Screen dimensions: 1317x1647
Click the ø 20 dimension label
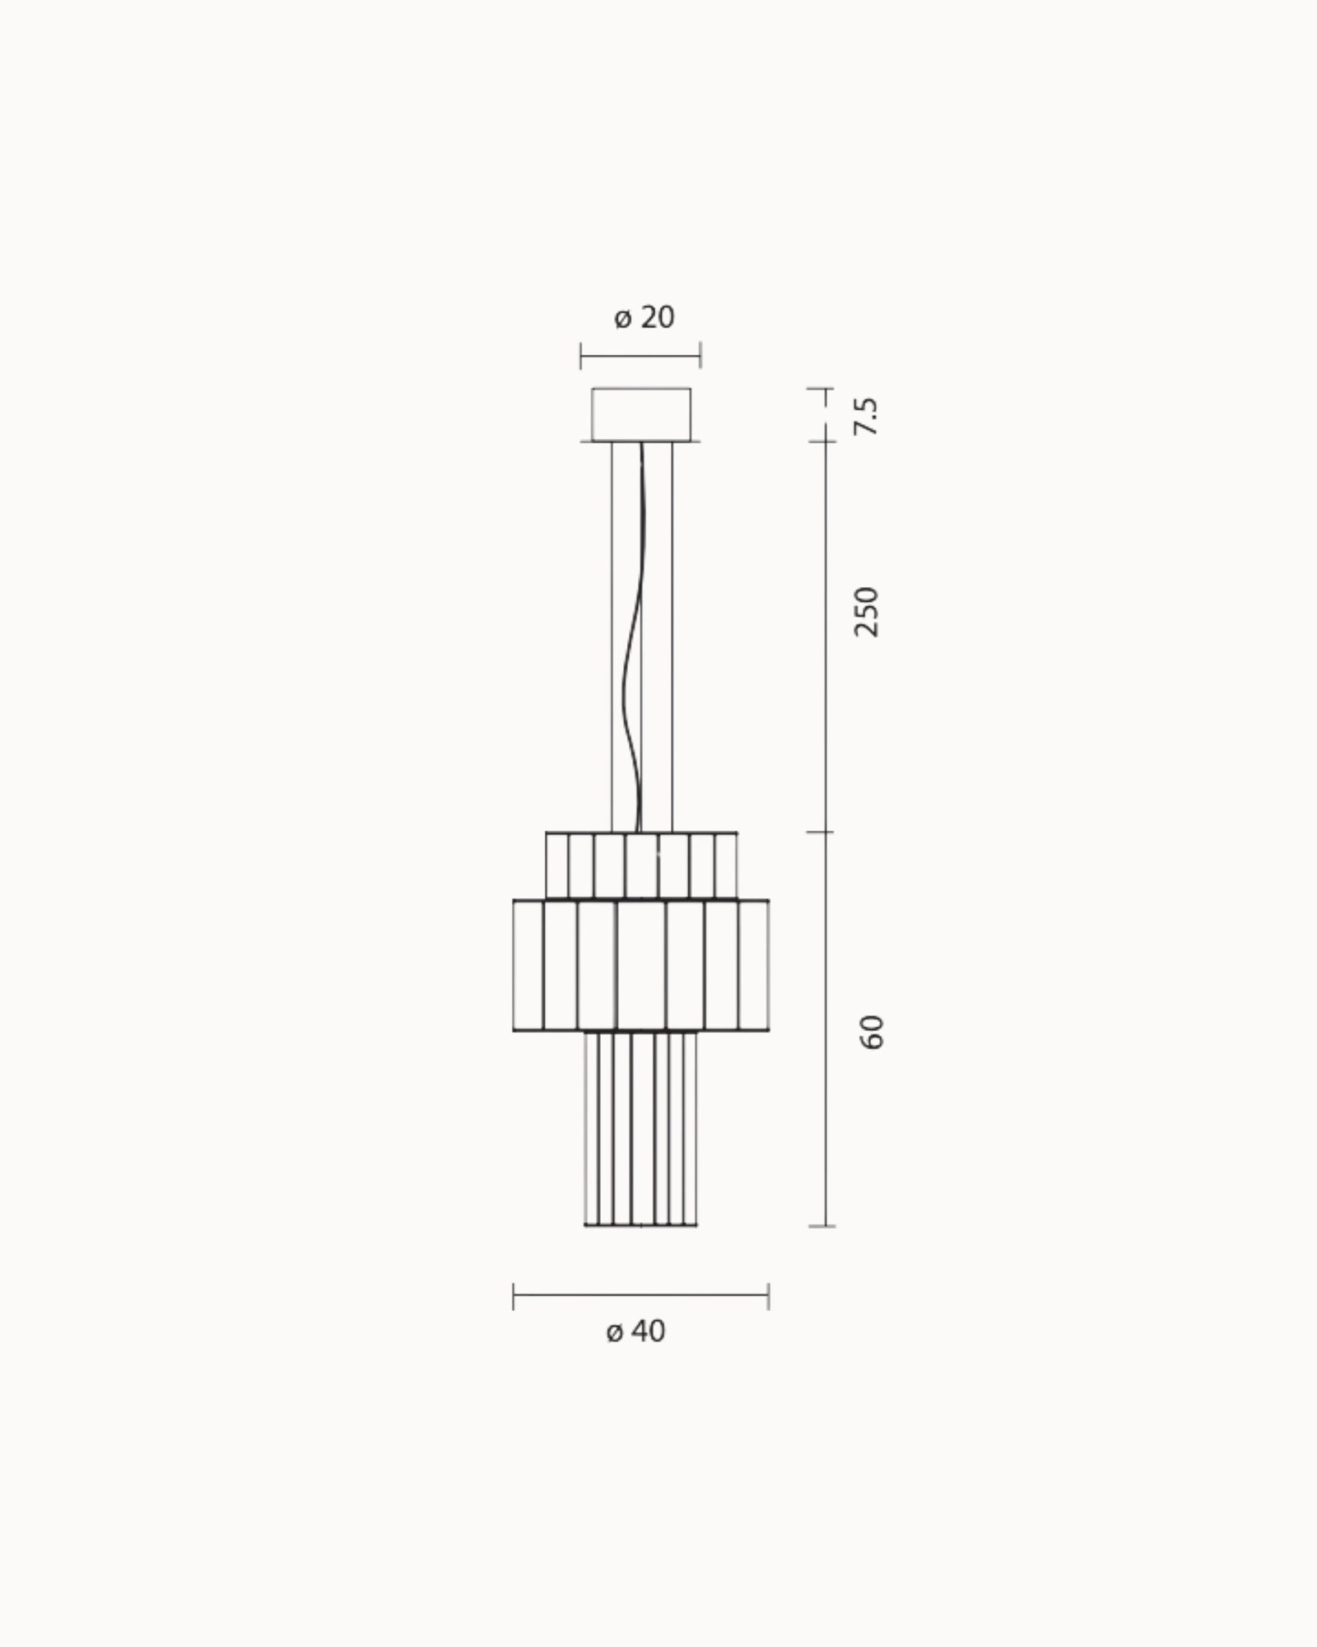pyautogui.click(x=644, y=317)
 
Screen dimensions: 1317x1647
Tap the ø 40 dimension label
pyautogui.click(x=635, y=1354)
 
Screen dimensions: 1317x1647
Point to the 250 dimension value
pyautogui.click(x=867, y=611)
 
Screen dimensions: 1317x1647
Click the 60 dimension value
pyautogui.click(x=871, y=1032)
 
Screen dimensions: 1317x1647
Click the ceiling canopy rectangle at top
pyautogui.click(x=641, y=414)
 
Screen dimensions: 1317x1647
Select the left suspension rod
pyautogui.click(x=612, y=637)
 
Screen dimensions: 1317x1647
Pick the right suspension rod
pyautogui.click(x=672, y=637)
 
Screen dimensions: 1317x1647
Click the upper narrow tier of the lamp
pyautogui.click(x=641, y=865)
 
